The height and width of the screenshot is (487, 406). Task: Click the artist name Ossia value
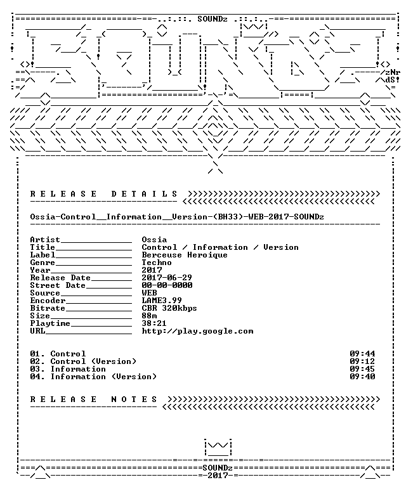pos(154,240)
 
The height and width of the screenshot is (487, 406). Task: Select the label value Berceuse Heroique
pos(185,255)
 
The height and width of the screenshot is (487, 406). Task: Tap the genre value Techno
pos(157,263)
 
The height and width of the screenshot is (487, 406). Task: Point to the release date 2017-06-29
pos(167,277)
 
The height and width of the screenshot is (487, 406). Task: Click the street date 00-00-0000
pos(167,285)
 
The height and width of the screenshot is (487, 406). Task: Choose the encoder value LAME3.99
pos(162,301)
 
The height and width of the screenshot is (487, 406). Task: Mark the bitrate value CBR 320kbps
pos(169,308)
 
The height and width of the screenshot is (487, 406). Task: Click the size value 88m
pos(149,316)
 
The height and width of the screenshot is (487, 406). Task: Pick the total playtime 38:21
pos(154,323)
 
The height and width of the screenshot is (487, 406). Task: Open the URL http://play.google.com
pos(197,331)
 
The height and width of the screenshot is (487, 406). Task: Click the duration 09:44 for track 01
pos(362,353)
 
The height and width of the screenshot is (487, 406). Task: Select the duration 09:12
pos(362,361)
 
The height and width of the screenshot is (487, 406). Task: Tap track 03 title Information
pos(78,369)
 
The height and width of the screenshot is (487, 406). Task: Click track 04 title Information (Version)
pos(103,377)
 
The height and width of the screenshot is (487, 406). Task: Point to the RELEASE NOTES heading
pos(93,399)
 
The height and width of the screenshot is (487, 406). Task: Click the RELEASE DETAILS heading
pos(104,194)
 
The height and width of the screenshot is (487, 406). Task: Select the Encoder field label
pos(48,301)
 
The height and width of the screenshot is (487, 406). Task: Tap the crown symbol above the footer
pos(218,447)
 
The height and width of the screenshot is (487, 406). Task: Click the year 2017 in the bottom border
pos(218,475)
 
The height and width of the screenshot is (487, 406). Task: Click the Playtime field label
pos(50,323)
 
